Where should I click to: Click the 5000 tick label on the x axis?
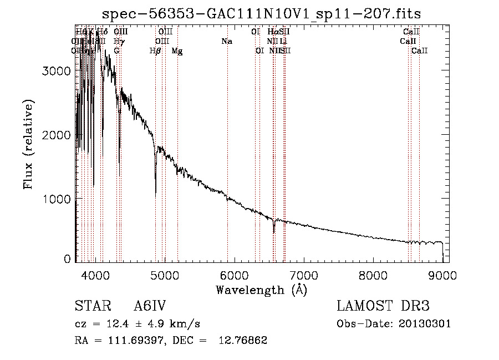pyautogui.click(x=165, y=275)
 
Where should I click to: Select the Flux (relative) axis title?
pyautogui.click(x=28, y=144)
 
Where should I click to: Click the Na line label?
pyautogui.click(x=226, y=42)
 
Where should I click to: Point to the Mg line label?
pyautogui.click(x=177, y=51)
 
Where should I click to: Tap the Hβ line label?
pyautogui.click(x=155, y=51)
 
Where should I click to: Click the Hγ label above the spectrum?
pyautogui.click(x=118, y=42)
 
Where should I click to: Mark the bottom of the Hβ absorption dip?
pyautogui.click(x=155, y=195)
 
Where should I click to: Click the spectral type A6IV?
pyautogui.click(x=150, y=306)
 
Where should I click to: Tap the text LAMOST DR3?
pyautogui.click(x=383, y=306)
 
